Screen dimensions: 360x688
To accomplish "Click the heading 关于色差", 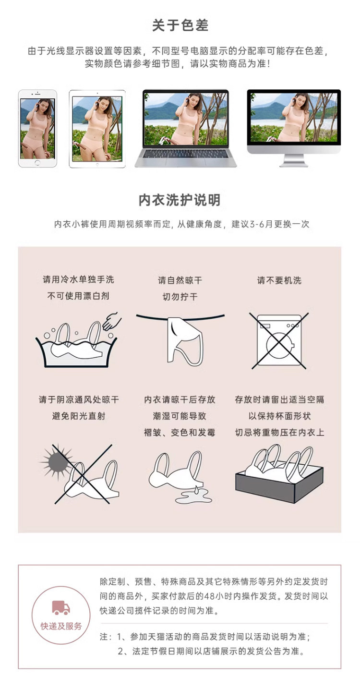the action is [180, 25].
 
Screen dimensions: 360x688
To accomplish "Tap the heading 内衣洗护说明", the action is [180, 200].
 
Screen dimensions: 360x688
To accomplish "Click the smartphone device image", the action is [37, 128].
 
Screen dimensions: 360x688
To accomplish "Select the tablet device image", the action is [97, 129].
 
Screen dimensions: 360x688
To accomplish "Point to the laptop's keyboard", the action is [186, 153].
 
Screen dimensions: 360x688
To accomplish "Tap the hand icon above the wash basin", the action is [111, 321].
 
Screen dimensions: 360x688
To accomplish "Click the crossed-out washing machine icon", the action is [279, 341].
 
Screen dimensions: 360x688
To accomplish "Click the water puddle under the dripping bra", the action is [193, 496].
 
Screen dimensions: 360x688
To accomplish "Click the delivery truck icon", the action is [61, 607].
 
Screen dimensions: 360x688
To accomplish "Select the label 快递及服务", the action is [61, 626].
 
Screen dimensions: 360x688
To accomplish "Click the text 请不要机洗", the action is [279, 280].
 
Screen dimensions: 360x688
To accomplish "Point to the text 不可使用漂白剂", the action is [78, 296].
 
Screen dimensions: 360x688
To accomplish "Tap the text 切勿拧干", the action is [180, 297].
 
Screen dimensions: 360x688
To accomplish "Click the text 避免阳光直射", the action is [79, 416].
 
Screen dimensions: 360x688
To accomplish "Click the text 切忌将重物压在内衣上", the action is [279, 433].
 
